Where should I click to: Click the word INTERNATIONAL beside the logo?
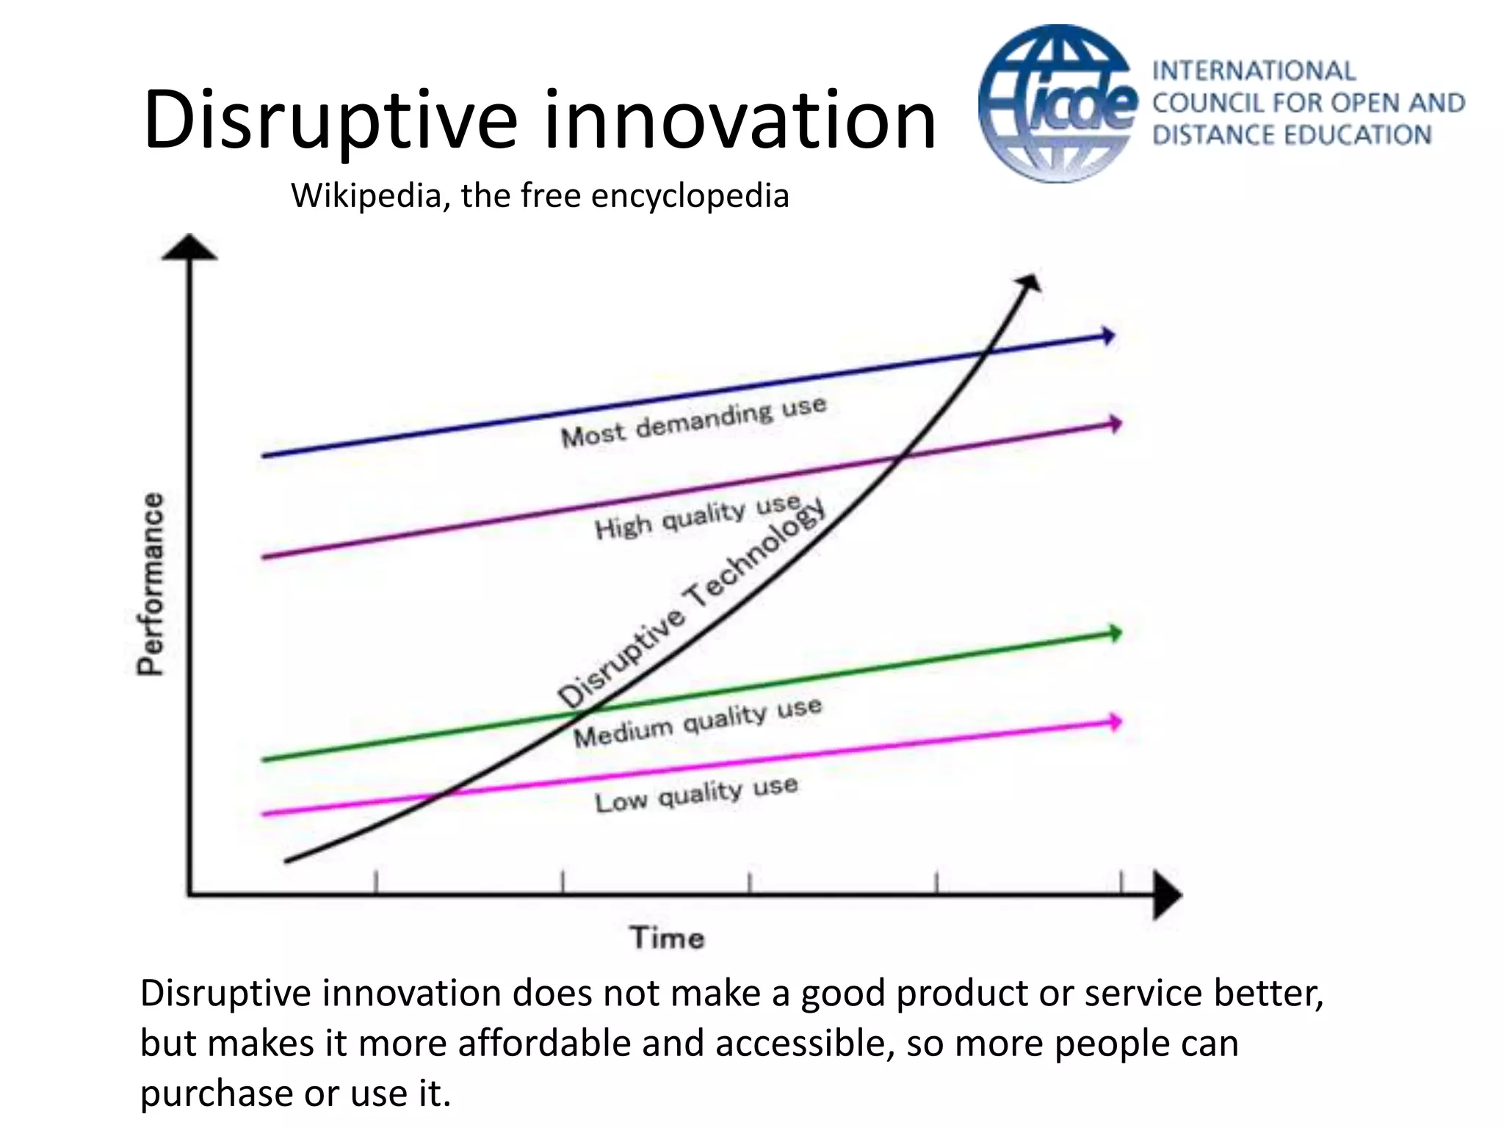(1254, 71)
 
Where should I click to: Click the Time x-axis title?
(667, 939)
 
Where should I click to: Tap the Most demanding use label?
(694, 422)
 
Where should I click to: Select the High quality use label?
(698, 516)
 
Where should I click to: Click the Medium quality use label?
(698, 723)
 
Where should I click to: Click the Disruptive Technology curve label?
(690, 602)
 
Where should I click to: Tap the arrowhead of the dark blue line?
(1108, 336)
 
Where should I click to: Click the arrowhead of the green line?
(1115, 633)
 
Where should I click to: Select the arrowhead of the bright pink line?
(1115, 722)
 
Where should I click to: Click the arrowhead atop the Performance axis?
(189, 247)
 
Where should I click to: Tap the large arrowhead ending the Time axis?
(1166, 894)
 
